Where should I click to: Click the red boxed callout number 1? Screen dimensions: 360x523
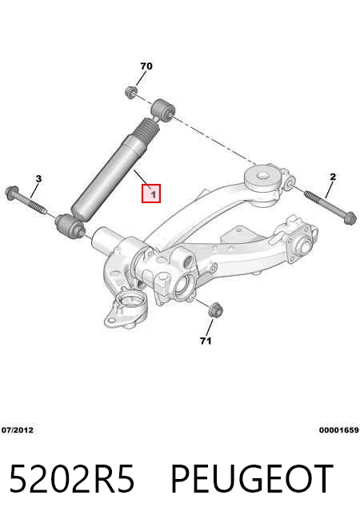(x=151, y=194)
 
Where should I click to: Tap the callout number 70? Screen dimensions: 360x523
(x=146, y=66)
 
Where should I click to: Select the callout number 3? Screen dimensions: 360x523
(x=38, y=178)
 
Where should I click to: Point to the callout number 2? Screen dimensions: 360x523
(x=333, y=177)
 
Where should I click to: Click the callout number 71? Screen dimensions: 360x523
(x=206, y=341)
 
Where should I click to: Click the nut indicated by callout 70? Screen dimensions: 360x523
(x=131, y=92)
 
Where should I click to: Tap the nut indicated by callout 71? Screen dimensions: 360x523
(x=215, y=309)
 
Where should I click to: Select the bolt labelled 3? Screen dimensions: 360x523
(x=26, y=201)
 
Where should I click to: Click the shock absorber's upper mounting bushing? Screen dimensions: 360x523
(x=163, y=109)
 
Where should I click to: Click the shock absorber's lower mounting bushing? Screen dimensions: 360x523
(x=70, y=226)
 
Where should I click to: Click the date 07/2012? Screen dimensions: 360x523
(x=18, y=430)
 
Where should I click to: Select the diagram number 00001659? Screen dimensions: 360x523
(x=339, y=430)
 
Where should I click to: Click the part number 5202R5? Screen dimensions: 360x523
(x=72, y=479)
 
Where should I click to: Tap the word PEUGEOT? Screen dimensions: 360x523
(x=252, y=479)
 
